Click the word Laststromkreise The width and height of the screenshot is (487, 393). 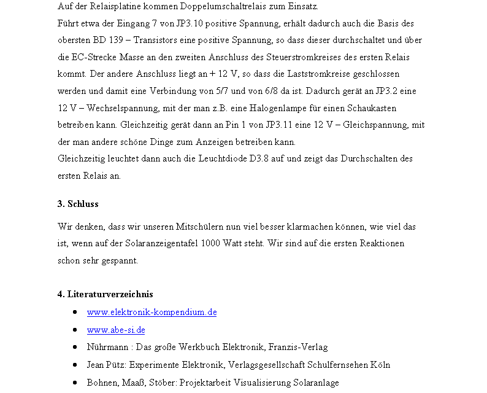[x=313, y=74]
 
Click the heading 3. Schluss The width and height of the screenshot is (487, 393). [x=78, y=204]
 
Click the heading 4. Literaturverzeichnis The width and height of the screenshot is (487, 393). [x=105, y=294]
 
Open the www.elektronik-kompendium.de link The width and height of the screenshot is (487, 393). [x=151, y=312]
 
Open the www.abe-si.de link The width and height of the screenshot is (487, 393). [x=116, y=330]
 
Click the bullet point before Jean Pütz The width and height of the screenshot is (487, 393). [x=74, y=365]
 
